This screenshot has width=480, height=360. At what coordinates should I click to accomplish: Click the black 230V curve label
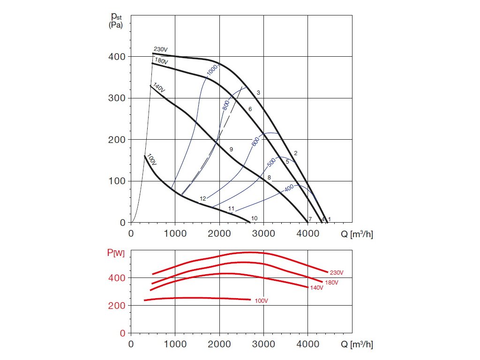(161, 49)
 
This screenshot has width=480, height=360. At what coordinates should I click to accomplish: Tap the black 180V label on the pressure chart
(162, 60)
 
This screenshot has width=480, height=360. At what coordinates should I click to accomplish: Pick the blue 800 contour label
(226, 105)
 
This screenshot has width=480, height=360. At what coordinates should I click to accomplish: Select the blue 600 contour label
(255, 141)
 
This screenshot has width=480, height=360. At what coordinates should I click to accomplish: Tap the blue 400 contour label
(289, 188)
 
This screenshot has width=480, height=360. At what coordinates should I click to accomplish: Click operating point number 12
(203, 199)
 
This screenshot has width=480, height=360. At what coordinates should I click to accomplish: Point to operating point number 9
(231, 149)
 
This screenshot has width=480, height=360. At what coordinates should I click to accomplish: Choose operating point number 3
(258, 93)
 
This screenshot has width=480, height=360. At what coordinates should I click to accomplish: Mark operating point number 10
(255, 218)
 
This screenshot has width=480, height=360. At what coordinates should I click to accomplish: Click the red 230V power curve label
(337, 272)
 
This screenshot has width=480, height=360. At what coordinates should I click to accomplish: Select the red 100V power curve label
(262, 300)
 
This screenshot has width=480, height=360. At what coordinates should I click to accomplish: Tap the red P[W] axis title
(116, 254)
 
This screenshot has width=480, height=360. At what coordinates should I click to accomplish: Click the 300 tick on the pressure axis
(118, 98)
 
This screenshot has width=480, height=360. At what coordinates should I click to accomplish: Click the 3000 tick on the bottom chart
(263, 344)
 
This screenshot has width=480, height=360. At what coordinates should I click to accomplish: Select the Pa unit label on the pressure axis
(116, 25)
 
